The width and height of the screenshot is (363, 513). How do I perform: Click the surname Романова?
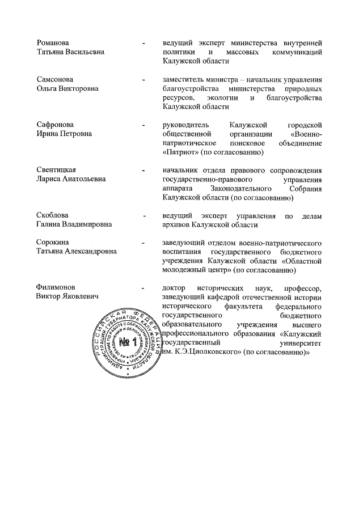click(53, 43)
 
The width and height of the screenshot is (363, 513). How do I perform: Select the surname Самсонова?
click(54, 79)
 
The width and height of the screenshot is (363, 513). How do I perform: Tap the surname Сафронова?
click(55, 124)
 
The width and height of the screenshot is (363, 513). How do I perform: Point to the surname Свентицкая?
click(56, 170)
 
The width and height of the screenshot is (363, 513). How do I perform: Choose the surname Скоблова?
click(53, 216)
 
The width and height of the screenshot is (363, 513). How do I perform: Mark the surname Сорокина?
click(53, 243)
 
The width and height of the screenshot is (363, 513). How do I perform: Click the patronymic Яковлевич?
click(77, 296)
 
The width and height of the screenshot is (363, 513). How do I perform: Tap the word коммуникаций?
click(296, 52)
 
